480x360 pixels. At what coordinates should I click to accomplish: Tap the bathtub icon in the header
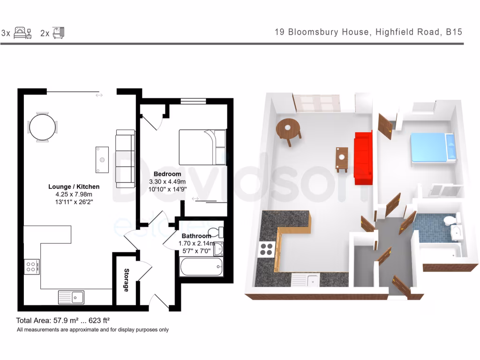[x=58, y=32]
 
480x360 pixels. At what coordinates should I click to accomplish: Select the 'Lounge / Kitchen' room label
[x=74, y=186]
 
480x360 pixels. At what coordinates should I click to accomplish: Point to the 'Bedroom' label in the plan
[x=167, y=174]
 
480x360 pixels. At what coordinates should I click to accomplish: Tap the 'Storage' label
[x=126, y=280]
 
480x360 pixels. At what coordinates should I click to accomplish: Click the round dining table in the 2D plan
[x=43, y=127]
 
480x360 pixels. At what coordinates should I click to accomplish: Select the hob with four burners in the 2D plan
[x=32, y=267]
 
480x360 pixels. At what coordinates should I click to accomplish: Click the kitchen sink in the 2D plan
[x=71, y=297]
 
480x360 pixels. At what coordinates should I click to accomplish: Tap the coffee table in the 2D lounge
[x=102, y=159]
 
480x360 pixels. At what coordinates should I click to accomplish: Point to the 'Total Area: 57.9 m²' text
[x=63, y=321]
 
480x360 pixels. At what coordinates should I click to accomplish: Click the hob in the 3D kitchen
[x=266, y=249]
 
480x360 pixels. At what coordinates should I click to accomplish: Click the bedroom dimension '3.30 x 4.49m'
[x=167, y=181]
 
